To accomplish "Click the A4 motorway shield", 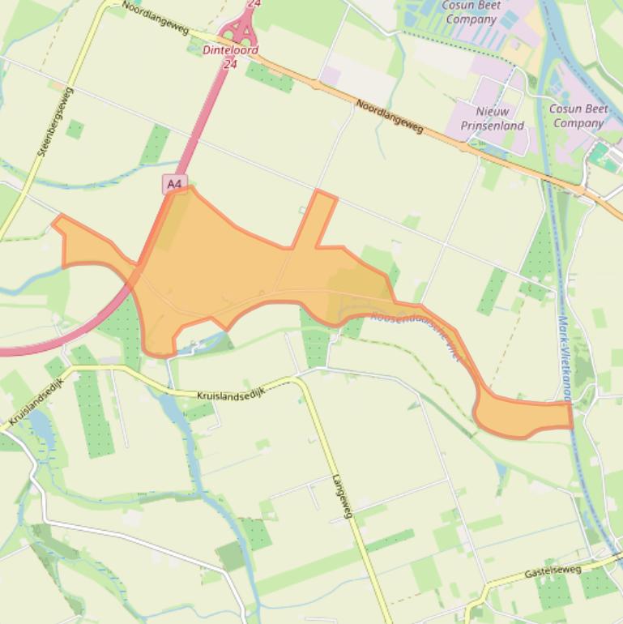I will point(174,184).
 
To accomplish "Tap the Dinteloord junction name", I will point(230,50).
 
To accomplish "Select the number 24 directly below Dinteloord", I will point(231,62).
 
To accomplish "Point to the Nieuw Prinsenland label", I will point(493,118).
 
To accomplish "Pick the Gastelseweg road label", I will point(553,571).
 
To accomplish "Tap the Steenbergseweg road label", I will point(56,122).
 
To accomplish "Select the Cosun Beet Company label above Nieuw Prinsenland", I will point(471,12).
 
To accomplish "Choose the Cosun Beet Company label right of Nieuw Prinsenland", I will point(578,115).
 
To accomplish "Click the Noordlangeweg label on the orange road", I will point(390,115).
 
